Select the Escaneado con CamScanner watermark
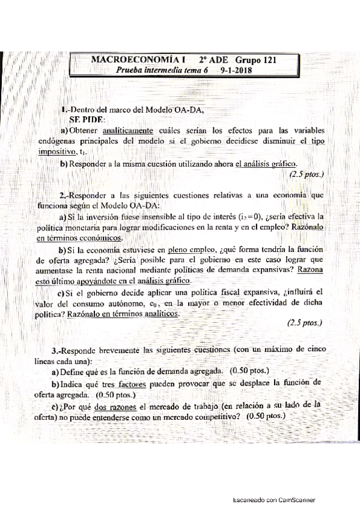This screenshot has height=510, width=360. click(274, 500)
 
